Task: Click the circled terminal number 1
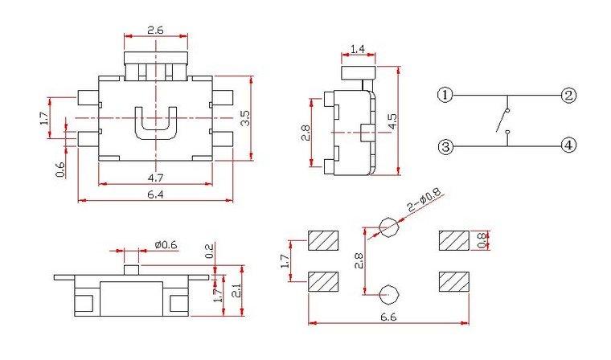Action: click(x=445, y=95)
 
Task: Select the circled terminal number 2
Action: click(x=568, y=95)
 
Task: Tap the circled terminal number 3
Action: click(x=445, y=147)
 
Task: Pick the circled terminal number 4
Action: click(x=568, y=146)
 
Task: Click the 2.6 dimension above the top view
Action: click(x=155, y=30)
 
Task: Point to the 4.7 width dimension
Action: click(x=155, y=178)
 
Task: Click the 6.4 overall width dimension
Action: click(x=155, y=194)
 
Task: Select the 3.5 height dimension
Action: click(x=245, y=118)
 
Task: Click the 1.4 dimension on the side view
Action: click(x=357, y=49)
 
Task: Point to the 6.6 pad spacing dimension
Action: click(x=388, y=317)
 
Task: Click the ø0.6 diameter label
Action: click(x=166, y=244)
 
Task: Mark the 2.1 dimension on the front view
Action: click(x=236, y=290)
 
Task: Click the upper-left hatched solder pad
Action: click(x=323, y=240)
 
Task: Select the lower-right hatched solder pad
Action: click(x=454, y=282)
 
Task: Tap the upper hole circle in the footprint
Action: click(x=389, y=227)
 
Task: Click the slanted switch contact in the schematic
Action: click(x=502, y=121)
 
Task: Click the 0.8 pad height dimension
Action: click(x=482, y=240)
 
